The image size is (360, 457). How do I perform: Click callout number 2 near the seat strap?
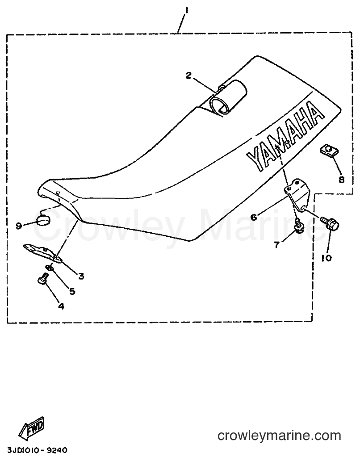188,75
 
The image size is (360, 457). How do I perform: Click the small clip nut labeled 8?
328,151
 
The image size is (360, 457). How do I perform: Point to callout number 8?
341,179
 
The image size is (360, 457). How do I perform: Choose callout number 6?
254,217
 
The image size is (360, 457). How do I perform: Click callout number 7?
276,245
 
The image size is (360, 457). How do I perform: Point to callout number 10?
327,258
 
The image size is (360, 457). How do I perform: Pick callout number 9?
19,226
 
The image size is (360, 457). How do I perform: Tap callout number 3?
81,276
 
